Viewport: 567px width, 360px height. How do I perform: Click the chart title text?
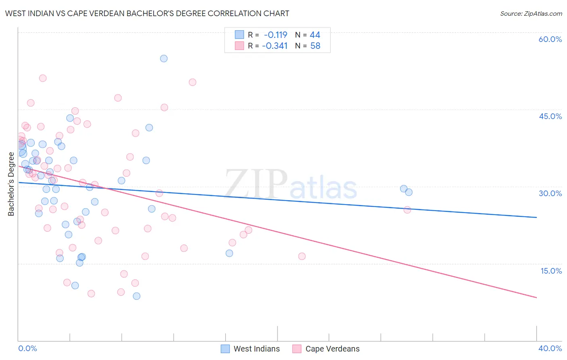[x=147, y=13]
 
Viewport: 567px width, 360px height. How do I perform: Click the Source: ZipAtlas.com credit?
[x=531, y=13]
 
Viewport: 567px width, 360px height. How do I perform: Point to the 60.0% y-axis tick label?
[x=550, y=39]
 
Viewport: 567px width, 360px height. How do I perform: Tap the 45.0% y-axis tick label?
[x=550, y=116]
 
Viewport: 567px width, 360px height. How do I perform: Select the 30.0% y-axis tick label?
[x=550, y=193]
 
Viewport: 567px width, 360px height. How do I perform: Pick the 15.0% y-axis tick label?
[x=551, y=271]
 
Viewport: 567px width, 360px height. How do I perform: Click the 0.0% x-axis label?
[x=27, y=348]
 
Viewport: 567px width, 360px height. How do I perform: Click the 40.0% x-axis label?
[x=550, y=348]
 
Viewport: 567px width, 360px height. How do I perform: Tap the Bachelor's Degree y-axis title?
[x=11, y=184]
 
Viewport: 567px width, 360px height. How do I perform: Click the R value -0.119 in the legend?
[x=275, y=35]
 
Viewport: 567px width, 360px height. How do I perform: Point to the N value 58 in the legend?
[x=315, y=46]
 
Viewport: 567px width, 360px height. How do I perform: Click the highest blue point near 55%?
[x=164, y=59]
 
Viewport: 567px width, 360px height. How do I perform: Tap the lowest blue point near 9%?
[x=137, y=296]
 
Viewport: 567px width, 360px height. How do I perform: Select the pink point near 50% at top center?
[x=192, y=82]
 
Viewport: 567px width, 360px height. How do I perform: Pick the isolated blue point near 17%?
[x=229, y=253]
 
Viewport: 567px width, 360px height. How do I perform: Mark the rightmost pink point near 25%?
[x=407, y=210]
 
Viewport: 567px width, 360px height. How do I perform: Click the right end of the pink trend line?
[x=536, y=297]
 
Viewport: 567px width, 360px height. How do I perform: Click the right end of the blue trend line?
[x=536, y=218]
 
